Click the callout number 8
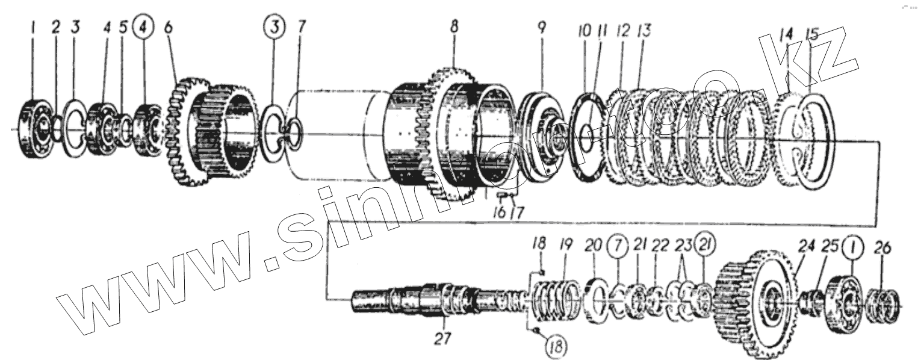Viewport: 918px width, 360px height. click(x=454, y=28)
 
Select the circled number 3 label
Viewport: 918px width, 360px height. click(x=273, y=29)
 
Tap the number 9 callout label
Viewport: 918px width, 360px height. click(x=541, y=28)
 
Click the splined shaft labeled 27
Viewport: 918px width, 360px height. click(x=421, y=298)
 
